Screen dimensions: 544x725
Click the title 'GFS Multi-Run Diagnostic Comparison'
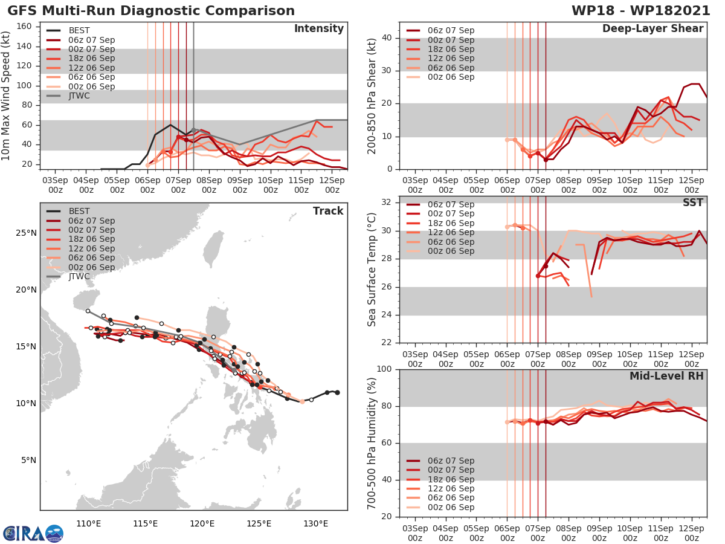coord(151,11)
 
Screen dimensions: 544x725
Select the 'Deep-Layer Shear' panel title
coord(652,29)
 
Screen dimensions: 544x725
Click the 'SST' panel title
coord(693,202)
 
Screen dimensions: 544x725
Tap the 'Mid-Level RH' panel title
coord(666,377)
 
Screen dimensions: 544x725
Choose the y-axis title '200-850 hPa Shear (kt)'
coord(372,96)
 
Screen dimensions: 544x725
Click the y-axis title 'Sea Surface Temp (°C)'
coord(372,270)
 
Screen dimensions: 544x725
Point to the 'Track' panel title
coord(327,211)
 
